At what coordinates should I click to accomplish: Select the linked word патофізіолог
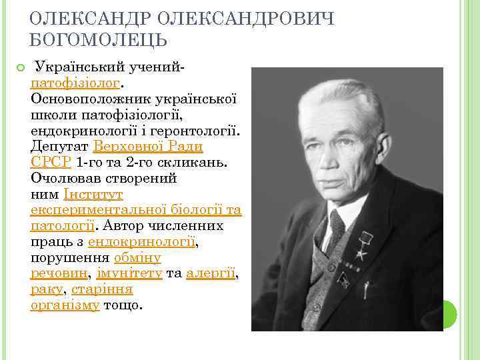75,83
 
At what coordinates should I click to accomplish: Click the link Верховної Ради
148,146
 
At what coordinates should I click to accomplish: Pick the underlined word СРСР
51,162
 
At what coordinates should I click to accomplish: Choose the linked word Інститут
93,194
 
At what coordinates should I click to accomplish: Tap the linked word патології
62,226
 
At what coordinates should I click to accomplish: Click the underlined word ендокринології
141,242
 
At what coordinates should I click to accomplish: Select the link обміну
137,258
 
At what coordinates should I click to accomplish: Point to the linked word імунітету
129,274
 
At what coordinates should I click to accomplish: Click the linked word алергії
211,274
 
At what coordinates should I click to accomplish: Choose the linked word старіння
101,290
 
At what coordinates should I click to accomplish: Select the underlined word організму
65,306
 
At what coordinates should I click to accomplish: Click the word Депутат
60,146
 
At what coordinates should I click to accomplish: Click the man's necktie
335,229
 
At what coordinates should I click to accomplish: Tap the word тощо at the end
123,306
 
